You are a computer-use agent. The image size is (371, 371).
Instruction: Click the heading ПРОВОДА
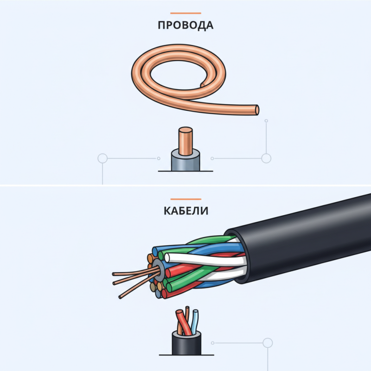pyautogui.click(x=185, y=25)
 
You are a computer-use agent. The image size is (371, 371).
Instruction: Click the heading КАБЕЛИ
pyautogui.click(x=185, y=211)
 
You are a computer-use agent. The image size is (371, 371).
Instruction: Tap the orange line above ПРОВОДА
pyautogui.click(x=185, y=13)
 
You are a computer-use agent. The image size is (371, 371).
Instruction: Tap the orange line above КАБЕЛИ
pyautogui.click(x=185, y=199)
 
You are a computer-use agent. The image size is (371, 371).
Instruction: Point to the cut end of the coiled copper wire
pyautogui.click(x=257, y=110)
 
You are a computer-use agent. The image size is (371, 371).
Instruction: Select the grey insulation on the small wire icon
pyautogui.click(x=185, y=161)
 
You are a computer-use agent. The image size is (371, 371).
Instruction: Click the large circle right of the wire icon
pyautogui.click(x=266, y=159)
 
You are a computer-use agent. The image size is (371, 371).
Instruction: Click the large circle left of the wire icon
pyautogui.click(x=102, y=159)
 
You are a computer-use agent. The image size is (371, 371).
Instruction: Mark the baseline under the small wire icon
pyautogui.click(x=185, y=171)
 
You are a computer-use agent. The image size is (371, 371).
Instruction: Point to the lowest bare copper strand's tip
pyautogui.click(x=120, y=297)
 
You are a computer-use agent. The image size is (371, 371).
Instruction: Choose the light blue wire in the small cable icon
pyautogui.click(x=194, y=320)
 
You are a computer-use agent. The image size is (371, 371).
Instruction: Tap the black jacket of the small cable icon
pyautogui.click(x=185, y=346)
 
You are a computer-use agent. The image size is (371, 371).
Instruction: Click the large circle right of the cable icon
pyautogui.click(x=267, y=343)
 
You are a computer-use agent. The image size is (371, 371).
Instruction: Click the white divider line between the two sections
pyautogui.click(x=185, y=186)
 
